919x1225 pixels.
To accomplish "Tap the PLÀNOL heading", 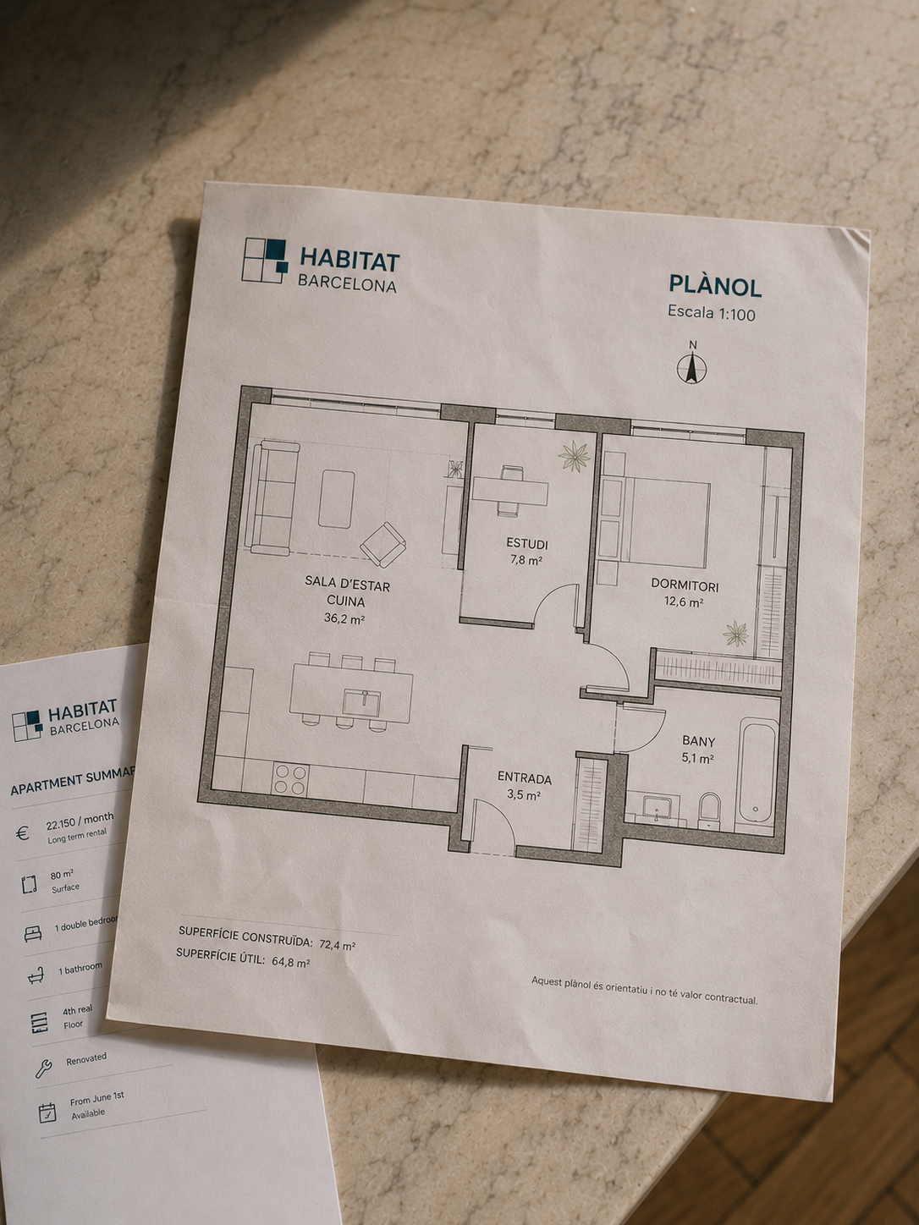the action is coord(715,286).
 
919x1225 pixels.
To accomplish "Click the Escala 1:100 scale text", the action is coord(712,312).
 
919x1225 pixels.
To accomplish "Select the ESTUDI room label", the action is coord(526,544).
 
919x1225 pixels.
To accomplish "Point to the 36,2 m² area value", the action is coord(344,618).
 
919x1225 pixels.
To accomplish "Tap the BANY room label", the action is coord(699,741).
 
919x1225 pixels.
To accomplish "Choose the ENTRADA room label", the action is coord(524,778).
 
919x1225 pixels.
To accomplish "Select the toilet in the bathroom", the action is coord(710,811).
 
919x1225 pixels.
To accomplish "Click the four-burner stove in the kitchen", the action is coord(290,780).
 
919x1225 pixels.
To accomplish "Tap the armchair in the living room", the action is coord(382,544).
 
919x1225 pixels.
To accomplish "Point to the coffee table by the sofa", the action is coord(336,498).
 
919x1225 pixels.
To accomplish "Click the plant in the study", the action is coord(575,456).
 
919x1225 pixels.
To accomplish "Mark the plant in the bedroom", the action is coord(736,634).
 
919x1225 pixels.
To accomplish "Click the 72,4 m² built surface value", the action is coord(337,945).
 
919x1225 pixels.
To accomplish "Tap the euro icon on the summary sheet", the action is coord(23,834).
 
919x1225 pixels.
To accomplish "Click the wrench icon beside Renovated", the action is coord(43,1067).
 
